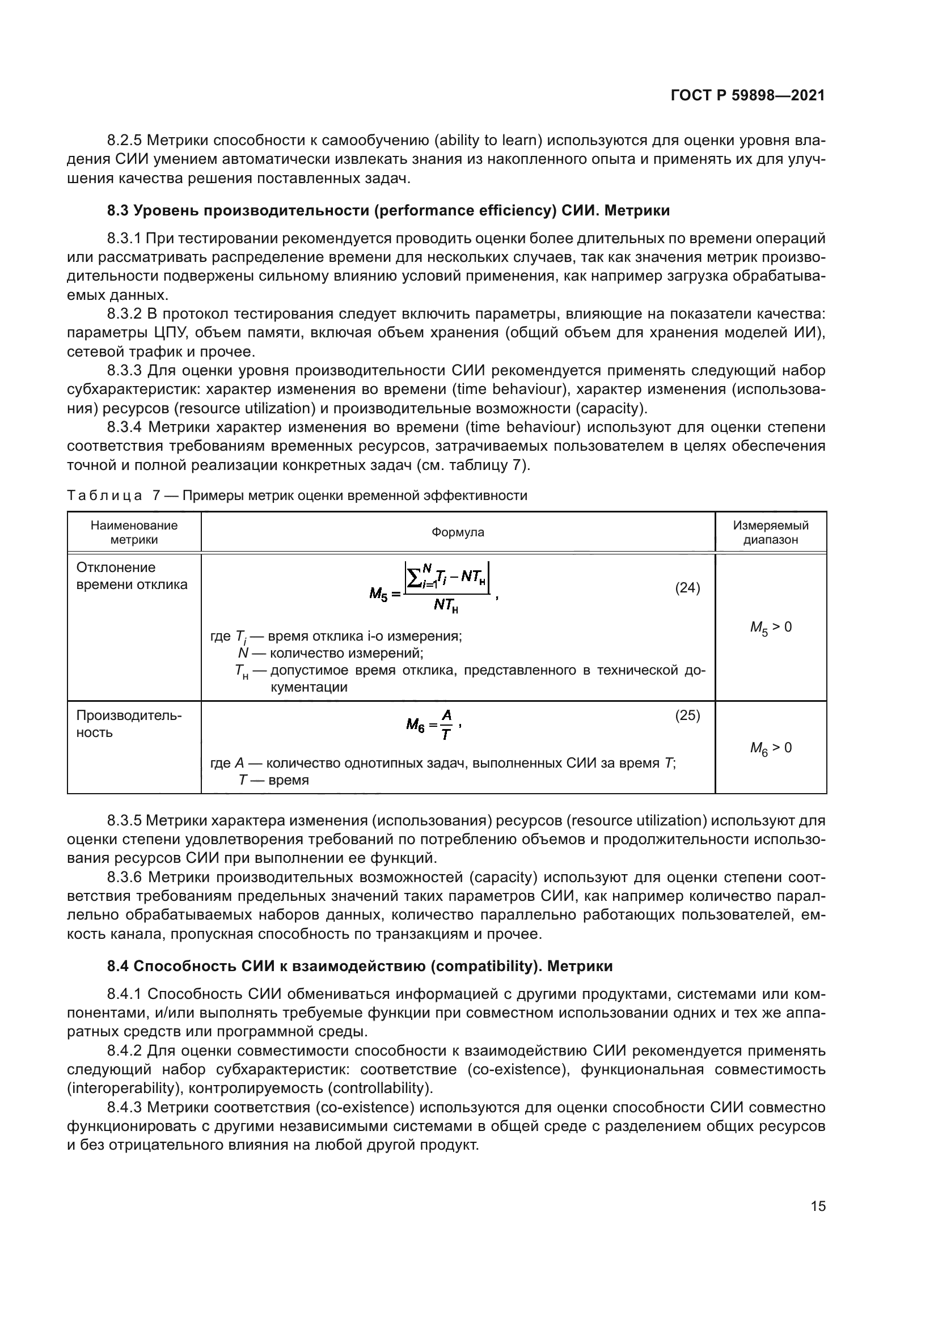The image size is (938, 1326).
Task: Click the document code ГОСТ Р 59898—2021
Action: [x=747, y=96]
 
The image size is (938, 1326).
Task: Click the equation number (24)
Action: [x=687, y=588]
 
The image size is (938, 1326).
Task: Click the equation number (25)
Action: [x=687, y=715]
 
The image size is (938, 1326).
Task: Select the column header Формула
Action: [x=458, y=532]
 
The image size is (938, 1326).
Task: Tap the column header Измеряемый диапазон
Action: [x=771, y=532]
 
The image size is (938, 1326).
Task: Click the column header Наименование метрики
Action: [x=134, y=532]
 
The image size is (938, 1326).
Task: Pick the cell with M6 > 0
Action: [x=771, y=748]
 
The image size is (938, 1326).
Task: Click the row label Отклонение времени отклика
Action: [x=132, y=576]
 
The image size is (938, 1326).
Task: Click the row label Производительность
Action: [x=128, y=723]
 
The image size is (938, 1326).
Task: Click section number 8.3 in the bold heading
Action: [x=118, y=211]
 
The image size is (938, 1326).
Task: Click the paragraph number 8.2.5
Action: [x=125, y=141]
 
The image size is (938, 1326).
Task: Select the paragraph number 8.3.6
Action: [x=125, y=877]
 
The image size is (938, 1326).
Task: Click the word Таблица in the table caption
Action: [x=104, y=495]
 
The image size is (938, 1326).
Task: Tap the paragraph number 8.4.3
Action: [x=125, y=1107]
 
